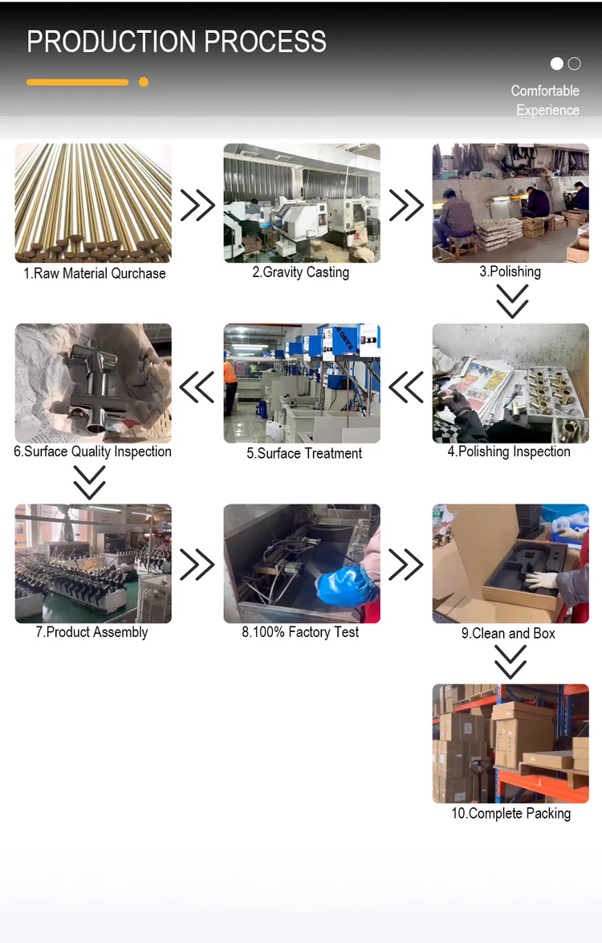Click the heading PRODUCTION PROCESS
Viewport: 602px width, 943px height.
[x=177, y=42]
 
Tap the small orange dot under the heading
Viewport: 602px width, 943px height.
[x=144, y=82]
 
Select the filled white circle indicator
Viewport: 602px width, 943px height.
[x=557, y=63]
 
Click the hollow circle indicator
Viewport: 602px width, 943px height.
[x=575, y=63]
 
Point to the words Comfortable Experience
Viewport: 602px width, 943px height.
[x=546, y=100]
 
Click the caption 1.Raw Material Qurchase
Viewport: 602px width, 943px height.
[x=95, y=274]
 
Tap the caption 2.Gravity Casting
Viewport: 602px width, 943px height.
[x=300, y=272]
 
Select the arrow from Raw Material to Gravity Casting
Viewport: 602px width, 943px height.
[x=197, y=205]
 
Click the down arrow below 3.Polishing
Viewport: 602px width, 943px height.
[x=512, y=300]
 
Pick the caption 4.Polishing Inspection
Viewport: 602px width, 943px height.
[x=509, y=451]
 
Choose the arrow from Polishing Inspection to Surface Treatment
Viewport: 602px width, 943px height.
[x=406, y=387]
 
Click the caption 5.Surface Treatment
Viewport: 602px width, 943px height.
[x=304, y=454]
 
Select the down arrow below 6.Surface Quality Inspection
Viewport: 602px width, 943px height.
[x=90, y=482]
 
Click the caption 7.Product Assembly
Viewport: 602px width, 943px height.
[x=92, y=632]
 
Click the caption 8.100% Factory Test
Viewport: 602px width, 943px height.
[x=300, y=632]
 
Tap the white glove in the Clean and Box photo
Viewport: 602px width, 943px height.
[x=541, y=581]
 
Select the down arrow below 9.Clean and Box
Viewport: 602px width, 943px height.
[x=510, y=662]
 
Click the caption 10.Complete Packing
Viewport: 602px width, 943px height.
[x=511, y=814]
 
